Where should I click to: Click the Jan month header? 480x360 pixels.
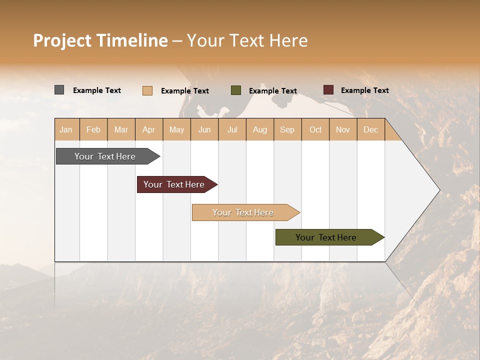pyautogui.click(x=66, y=129)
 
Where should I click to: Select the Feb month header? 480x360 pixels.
pyautogui.click(x=93, y=129)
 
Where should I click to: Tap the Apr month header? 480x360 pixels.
pyautogui.click(x=148, y=129)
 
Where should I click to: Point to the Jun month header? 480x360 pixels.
pyautogui.click(x=204, y=129)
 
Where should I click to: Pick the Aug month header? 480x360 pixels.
pyautogui.click(x=259, y=129)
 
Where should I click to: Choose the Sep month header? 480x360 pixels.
pyautogui.click(x=287, y=129)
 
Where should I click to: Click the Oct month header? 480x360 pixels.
pyautogui.click(x=315, y=129)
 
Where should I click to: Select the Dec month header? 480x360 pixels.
pyautogui.click(x=370, y=129)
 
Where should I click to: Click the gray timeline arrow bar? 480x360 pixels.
pyautogui.click(x=105, y=156)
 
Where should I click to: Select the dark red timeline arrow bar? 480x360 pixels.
pyautogui.click(x=174, y=184)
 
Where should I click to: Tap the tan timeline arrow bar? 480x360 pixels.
pyautogui.click(x=243, y=212)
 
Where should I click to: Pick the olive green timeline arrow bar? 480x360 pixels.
pyautogui.click(x=326, y=237)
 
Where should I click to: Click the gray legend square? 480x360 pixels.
pyautogui.click(x=59, y=90)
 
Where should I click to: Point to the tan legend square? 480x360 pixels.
pyautogui.click(x=147, y=90)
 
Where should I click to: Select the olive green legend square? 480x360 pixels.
pyautogui.click(x=236, y=90)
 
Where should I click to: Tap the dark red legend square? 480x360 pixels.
pyautogui.click(x=328, y=90)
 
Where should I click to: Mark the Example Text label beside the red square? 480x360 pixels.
pyautogui.click(x=364, y=90)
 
